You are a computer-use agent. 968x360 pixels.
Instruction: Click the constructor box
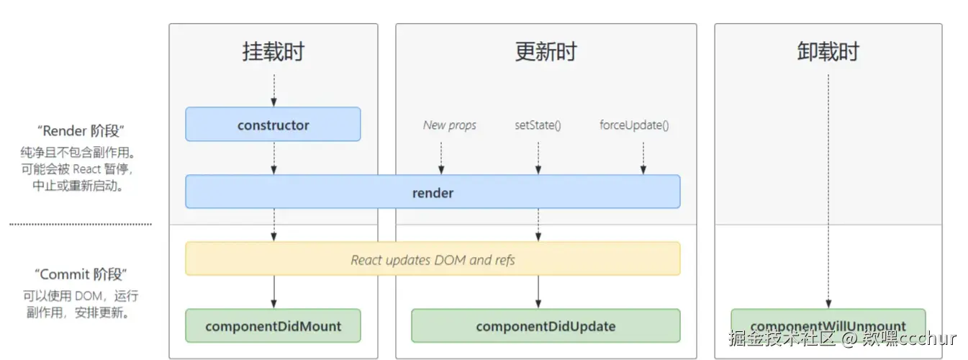coord(273,125)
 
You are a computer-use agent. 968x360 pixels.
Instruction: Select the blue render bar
coord(433,192)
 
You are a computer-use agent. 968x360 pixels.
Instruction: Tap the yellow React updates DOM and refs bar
coord(433,259)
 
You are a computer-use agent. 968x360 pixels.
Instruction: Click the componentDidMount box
coord(273,326)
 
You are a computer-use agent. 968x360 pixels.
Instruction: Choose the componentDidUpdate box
coord(546,326)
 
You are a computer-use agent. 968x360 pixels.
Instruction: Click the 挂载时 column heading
coord(273,52)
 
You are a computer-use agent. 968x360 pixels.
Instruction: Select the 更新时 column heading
coord(546,52)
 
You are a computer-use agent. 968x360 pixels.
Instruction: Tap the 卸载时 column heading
coord(828,52)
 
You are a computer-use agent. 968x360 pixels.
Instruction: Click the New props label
coord(449,125)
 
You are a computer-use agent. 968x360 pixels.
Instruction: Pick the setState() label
coord(538,125)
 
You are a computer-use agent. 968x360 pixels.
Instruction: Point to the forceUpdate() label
coord(634,125)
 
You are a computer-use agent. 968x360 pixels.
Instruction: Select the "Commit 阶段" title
coord(81,274)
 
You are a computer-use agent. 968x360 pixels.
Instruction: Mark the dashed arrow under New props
coord(441,158)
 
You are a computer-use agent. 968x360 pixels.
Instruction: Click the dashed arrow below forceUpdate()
coord(643,158)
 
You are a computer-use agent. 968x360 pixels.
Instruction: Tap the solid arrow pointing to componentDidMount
coord(273,292)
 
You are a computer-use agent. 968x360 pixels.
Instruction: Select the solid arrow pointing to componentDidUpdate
coord(538,292)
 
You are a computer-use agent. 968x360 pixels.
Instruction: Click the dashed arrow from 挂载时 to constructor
coord(273,90)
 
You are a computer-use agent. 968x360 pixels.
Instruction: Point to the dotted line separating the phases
coord(81,225)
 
